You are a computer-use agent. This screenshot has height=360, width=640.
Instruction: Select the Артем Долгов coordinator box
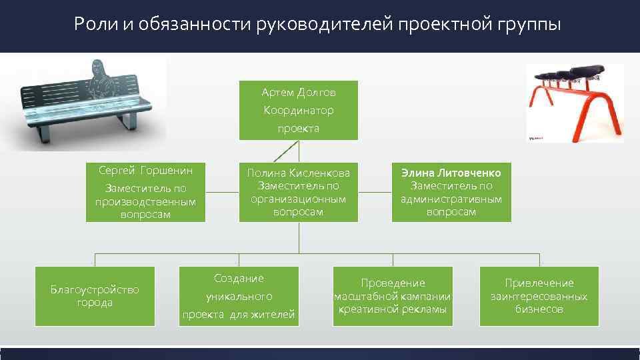pos(298,110)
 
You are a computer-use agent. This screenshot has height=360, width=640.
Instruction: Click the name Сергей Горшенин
pos(145,171)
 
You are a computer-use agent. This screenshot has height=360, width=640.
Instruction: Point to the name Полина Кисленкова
pos(298,173)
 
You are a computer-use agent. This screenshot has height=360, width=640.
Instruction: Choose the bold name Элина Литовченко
pos(451,173)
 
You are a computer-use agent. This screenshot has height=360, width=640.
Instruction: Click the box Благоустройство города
pos(95,296)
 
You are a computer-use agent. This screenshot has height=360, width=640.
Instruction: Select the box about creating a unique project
pos(239,296)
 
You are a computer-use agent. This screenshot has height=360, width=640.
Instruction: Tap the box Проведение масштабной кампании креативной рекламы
pos(393,296)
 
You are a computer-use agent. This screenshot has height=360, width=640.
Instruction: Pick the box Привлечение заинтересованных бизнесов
pos(539,296)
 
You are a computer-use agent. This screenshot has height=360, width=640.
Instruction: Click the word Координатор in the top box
pos(298,111)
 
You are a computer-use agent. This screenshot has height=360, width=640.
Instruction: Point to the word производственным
pos(145,202)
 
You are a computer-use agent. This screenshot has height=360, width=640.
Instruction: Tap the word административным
pos(451,199)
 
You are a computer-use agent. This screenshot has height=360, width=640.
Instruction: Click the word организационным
pos(298,199)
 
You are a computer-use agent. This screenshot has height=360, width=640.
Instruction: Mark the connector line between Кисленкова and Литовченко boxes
pos(375,193)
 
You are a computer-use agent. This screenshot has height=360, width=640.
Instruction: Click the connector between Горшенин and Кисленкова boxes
pos(222,193)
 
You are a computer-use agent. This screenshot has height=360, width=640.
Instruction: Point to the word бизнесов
pos(539,309)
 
